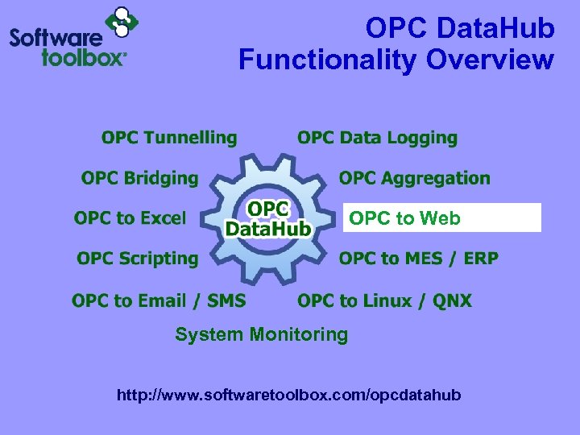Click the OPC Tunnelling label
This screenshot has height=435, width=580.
tap(169, 139)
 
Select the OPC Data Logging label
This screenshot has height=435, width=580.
tap(377, 139)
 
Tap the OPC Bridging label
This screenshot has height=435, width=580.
tap(139, 178)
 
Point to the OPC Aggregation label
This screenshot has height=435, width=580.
tap(414, 178)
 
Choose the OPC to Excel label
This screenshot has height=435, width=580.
tap(130, 218)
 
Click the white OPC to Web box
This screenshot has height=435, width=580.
tap(441, 217)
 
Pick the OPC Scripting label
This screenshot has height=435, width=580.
tap(137, 259)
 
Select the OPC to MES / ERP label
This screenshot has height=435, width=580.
tap(418, 259)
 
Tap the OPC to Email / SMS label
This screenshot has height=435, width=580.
tap(159, 301)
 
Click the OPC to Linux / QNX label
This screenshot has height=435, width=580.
tap(384, 301)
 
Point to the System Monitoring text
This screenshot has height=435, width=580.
tap(261, 334)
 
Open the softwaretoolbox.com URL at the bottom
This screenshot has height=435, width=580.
tap(289, 396)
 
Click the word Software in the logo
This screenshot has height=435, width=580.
tap(56, 37)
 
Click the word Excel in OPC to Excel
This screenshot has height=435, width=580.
tap(162, 218)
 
